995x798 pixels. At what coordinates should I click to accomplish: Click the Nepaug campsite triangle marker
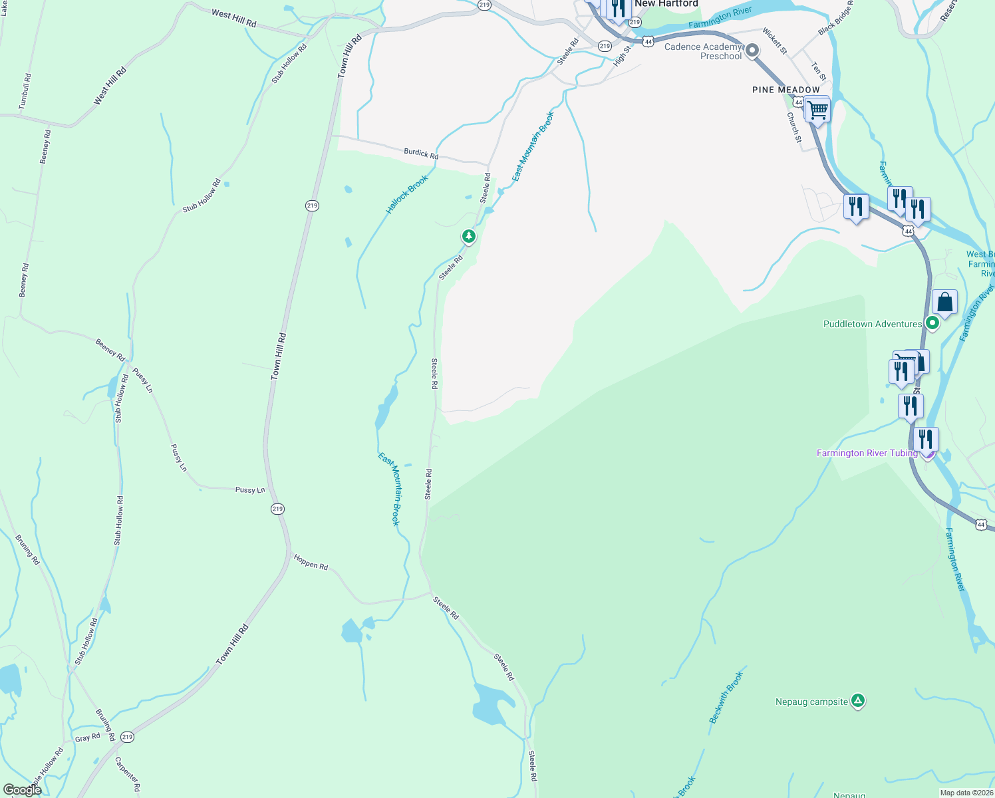[858, 700]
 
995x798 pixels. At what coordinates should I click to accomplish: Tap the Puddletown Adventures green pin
[932, 324]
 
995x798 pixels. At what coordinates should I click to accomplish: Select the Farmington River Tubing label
[867, 453]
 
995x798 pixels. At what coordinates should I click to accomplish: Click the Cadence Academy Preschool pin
[752, 51]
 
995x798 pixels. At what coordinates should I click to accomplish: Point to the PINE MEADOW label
[785, 90]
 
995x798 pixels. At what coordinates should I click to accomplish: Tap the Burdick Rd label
[421, 154]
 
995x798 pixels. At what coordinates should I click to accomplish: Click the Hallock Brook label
[406, 195]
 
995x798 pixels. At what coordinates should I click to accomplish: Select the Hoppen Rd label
[311, 563]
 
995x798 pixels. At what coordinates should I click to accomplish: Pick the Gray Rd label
[87, 737]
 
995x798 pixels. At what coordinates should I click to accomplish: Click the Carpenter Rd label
[128, 774]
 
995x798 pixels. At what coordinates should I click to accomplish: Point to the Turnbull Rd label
[25, 92]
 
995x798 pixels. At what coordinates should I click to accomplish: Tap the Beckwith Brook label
[726, 698]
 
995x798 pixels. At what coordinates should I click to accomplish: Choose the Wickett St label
[775, 41]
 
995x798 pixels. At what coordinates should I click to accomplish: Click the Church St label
[793, 128]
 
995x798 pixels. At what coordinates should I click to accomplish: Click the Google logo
[23, 789]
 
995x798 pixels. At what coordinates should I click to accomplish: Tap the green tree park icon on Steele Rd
[469, 236]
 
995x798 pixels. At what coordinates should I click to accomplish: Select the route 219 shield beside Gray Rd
[128, 737]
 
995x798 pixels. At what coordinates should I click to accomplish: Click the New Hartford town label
[666, 4]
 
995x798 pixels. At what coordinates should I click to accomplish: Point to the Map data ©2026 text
[966, 793]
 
